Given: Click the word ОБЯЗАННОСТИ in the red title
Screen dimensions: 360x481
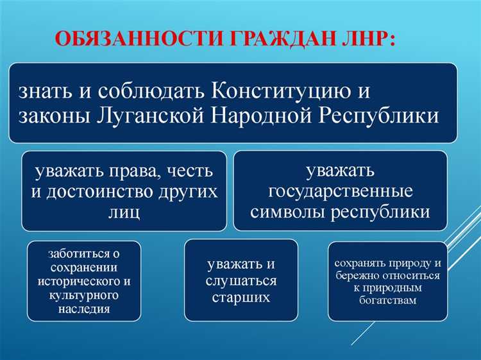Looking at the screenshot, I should pos(128,40).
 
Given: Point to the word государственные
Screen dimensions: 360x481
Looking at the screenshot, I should pos(341,192).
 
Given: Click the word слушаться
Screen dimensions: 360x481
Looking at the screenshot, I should pos(241,282).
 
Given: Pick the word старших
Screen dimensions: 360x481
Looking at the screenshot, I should pos(241,297).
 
